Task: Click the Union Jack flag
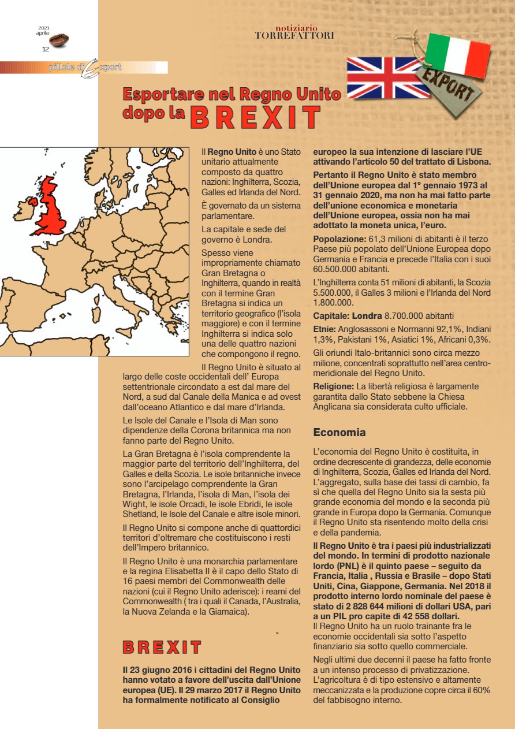[381, 78]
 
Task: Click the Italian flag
[457, 55]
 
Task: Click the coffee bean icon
[59, 40]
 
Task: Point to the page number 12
[45, 49]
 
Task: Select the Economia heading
[339, 432]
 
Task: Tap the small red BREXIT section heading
[162, 648]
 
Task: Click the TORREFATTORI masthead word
[294, 36]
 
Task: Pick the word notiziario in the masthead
[296, 27]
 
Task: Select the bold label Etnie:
[325, 329]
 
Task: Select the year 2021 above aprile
[44, 28]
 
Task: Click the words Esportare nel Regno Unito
[232, 94]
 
